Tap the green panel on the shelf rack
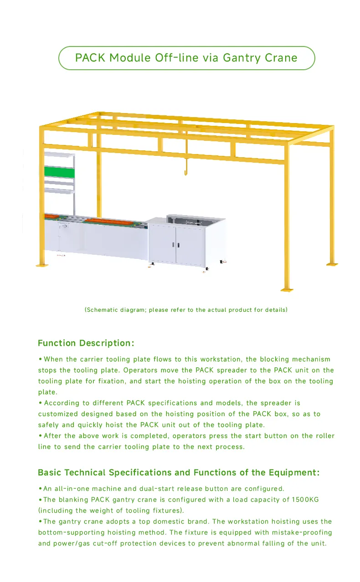[x=59, y=172]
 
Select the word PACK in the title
[x=90, y=58]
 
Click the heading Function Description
[x=86, y=343]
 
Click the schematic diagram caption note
[x=186, y=310]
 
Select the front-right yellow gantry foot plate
[x=287, y=288]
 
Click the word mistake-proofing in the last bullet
[x=302, y=532]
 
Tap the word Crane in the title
[x=281, y=58]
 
